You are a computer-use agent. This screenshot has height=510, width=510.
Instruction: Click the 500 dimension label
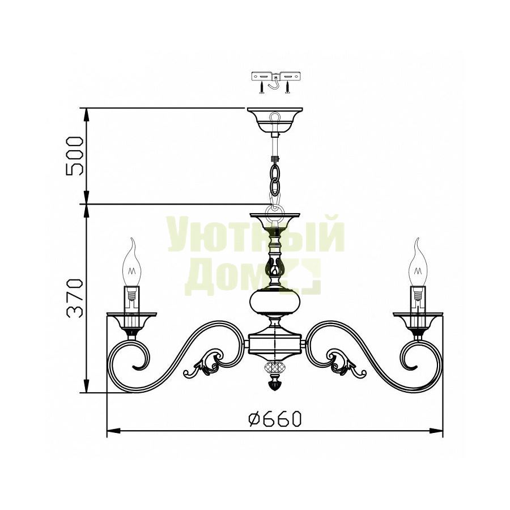click(75, 156)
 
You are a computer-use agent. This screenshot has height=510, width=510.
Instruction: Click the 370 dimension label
click(75, 297)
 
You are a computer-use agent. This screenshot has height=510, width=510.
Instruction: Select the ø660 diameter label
click(274, 418)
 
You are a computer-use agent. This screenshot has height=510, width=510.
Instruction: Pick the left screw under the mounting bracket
click(261, 87)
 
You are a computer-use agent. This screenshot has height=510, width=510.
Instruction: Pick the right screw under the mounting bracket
click(287, 87)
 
